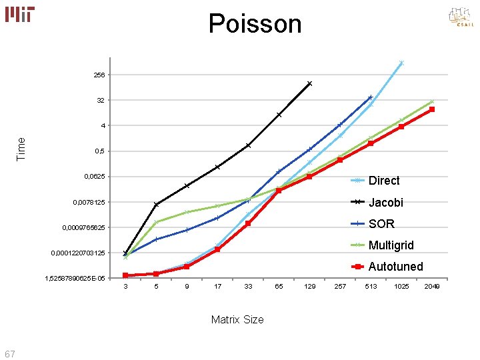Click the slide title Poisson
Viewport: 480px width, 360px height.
(x=255, y=24)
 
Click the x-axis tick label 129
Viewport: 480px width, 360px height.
(x=309, y=287)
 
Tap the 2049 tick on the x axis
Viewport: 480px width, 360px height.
(x=431, y=287)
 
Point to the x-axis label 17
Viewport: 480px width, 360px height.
(x=217, y=287)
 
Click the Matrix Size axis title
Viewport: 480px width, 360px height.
(x=237, y=319)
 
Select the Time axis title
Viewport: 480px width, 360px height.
(x=21, y=148)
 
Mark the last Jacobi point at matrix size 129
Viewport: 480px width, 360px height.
(x=309, y=83)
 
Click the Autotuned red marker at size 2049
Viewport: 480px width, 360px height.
(x=432, y=109)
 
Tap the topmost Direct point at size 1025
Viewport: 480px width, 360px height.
(x=401, y=63)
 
